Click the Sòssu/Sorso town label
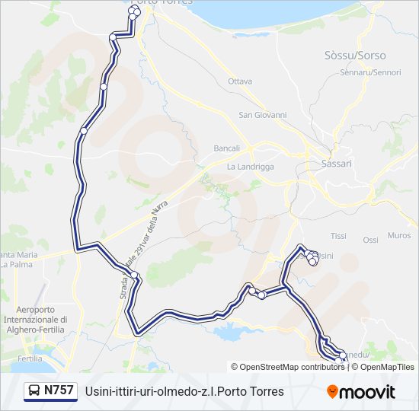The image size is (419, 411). click(355, 56)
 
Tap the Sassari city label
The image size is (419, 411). click(337, 164)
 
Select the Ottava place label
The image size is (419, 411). click(240, 81)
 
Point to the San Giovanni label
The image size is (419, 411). click(263, 116)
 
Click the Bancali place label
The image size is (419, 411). click(227, 148)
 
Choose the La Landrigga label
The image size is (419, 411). click(250, 166)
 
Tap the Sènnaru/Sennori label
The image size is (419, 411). click(371, 72)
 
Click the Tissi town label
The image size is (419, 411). click(339, 237)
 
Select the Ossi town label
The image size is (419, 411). click(370, 240)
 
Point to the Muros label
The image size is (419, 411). click(399, 235)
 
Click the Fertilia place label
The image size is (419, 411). click(30, 358)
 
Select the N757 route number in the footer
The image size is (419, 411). click(59, 390)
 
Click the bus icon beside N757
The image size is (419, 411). click(34, 391)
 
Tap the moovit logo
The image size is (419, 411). click(361, 392)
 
